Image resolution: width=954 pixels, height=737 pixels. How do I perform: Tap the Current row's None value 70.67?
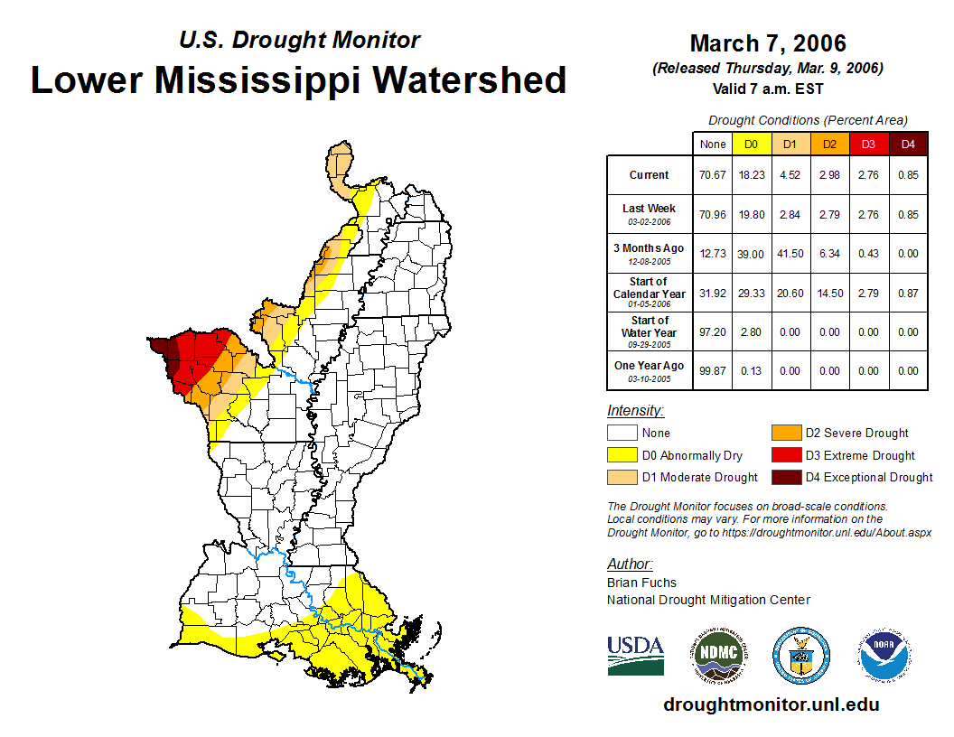[x=712, y=175]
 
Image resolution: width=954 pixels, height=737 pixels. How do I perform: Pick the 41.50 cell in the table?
[x=790, y=254]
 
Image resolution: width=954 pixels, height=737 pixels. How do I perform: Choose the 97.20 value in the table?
[x=712, y=331]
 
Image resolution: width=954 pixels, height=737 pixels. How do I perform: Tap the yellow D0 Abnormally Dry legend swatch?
[x=621, y=455]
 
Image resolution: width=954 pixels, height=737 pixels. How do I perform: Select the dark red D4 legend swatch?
[x=784, y=477]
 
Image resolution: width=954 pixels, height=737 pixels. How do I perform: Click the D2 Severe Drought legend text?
[x=856, y=434]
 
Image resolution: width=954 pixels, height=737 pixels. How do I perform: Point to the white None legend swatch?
[x=621, y=434]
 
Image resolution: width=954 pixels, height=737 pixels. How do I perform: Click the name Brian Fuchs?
[x=641, y=583]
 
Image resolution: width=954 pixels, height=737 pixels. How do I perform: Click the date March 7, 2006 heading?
[x=768, y=43]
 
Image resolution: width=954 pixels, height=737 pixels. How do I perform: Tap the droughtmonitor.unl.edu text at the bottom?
[x=771, y=704]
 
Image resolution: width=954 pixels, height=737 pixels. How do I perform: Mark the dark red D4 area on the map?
[x=160, y=350]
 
